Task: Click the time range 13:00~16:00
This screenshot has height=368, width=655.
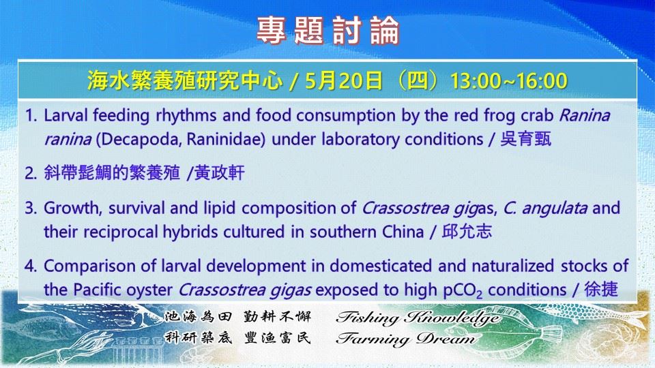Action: pyautogui.click(x=508, y=81)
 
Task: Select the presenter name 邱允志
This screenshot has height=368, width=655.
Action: pyautogui.click(x=467, y=232)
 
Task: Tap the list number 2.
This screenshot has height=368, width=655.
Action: pyautogui.click(x=29, y=174)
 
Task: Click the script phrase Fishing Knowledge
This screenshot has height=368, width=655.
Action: pyautogui.click(x=418, y=318)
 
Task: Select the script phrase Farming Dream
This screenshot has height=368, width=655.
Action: pyautogui.click(x=405, y=339)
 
